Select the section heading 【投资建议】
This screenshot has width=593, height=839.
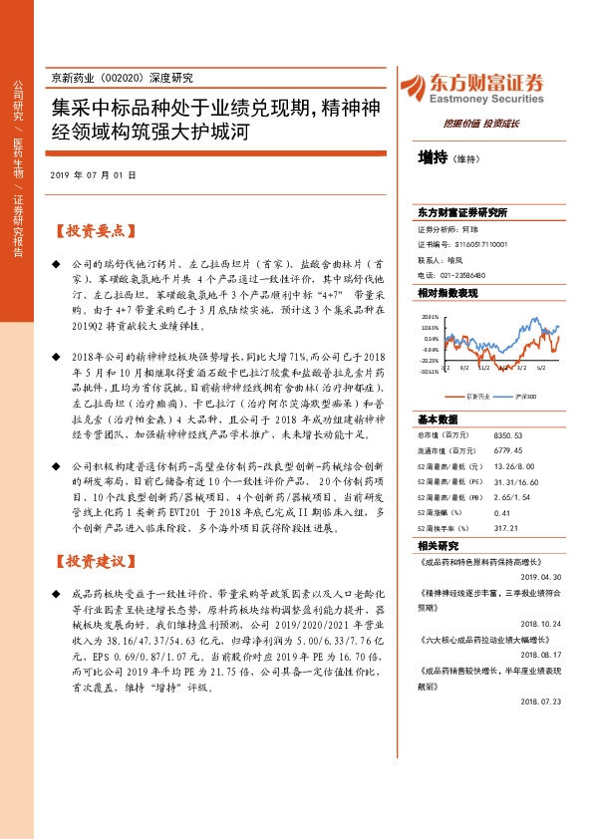[92, 561]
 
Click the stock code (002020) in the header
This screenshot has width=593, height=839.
[130, 78]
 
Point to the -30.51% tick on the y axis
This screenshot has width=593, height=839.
[430, 371]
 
